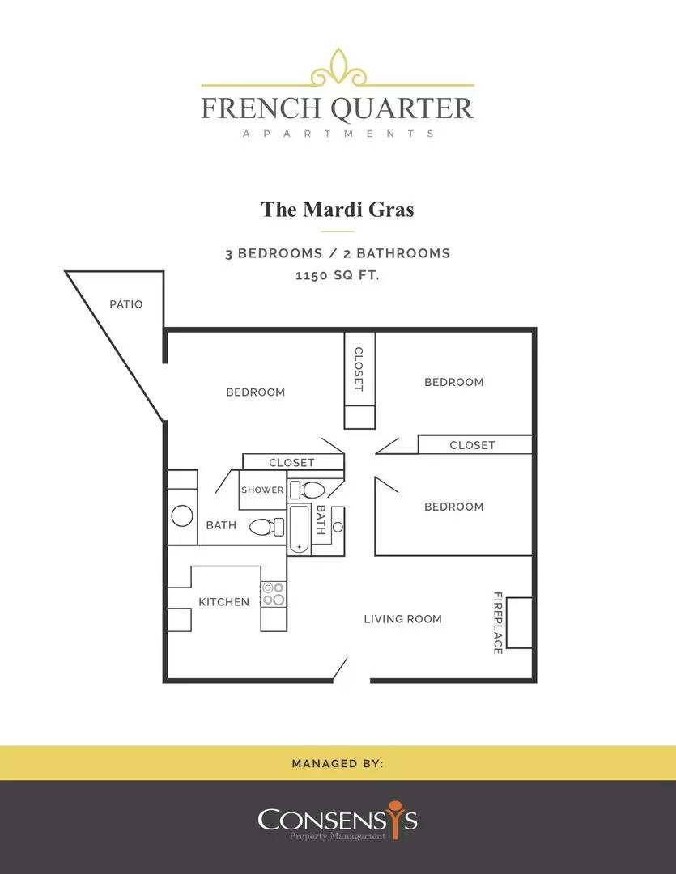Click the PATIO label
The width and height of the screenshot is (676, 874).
tap(126, 304)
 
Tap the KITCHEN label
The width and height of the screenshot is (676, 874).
tap(223, 602)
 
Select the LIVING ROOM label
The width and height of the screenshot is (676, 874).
tap(402, 619)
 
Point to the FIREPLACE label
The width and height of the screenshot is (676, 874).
tap(498, 622)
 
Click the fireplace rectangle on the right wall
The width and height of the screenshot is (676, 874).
tap(519, 622)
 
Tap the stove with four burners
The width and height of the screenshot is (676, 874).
tap(274, 594)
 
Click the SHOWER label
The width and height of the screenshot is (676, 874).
tap(262, 490)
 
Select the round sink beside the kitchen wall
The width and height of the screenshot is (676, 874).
tap(182, 515)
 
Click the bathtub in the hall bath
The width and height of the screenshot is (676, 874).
tap(299, 529)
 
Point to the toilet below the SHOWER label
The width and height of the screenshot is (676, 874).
tap(266, 527)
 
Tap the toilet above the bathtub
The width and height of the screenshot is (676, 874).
tap(308, 490)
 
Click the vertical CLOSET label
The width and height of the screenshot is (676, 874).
tap(359, 369)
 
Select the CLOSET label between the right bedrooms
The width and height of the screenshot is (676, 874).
tap(473, 445)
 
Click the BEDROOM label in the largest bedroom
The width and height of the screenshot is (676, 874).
tap(256, 392)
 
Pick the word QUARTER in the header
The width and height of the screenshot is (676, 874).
tap(402, 108)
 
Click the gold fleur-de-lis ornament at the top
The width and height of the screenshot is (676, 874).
tap(338, 68)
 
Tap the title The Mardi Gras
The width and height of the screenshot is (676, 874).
tap(338, 210)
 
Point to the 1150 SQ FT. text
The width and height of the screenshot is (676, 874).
tap(338, 275)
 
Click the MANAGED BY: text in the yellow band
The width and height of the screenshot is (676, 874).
tap(338, 763)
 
